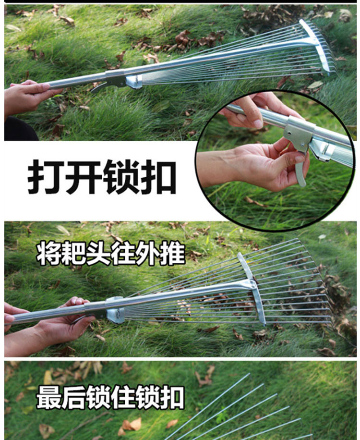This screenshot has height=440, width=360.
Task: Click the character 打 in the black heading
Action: coord(46,177)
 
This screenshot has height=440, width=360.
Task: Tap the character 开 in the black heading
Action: coord(83,177)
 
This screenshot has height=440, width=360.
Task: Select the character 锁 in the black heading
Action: coord(121,177)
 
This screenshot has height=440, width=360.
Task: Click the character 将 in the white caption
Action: coord(48,254)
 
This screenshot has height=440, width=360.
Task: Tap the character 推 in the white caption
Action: coord(173,254)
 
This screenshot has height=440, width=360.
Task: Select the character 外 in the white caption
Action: coord(148,254)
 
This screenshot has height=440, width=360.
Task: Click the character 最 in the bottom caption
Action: coord(48,397)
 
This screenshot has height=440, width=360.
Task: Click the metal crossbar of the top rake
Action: coord(315,46)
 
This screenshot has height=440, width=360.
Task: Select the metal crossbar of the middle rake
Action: coord(252,289)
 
